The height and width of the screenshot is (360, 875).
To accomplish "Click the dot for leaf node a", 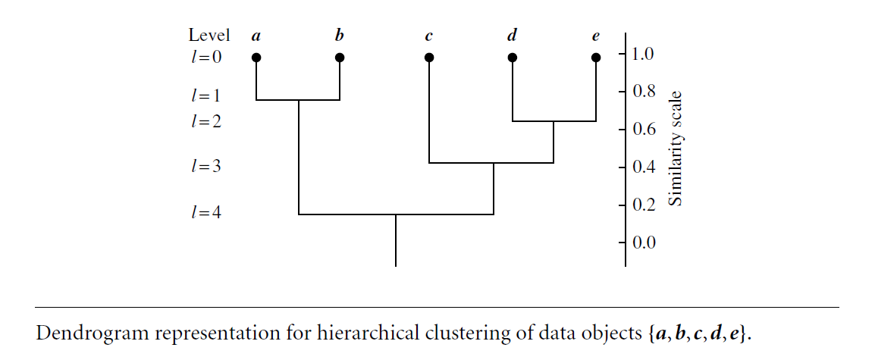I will pos(256,57).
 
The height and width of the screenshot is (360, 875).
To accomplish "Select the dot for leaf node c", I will pos(429,57).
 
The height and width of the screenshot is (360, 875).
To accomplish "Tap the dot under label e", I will pos(596,57).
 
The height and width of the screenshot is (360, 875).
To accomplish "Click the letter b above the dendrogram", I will pos(339,35).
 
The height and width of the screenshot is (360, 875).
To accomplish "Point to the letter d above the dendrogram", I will pos(512,35).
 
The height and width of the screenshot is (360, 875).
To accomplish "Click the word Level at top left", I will pos(209,35).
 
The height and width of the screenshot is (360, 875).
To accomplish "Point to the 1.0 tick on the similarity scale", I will pos(644,55).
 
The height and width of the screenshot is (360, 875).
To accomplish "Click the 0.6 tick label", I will pos(644,130).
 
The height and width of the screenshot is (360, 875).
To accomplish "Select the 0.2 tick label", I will pos(644,205).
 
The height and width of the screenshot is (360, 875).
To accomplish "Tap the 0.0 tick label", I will pos(644,243).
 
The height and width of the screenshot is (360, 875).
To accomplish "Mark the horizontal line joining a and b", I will pos(298,100).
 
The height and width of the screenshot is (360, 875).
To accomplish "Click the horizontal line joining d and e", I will pos(554,121).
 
